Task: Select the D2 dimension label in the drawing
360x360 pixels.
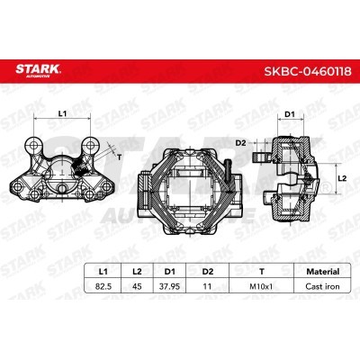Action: pyautogui.click(x=239, y=142)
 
